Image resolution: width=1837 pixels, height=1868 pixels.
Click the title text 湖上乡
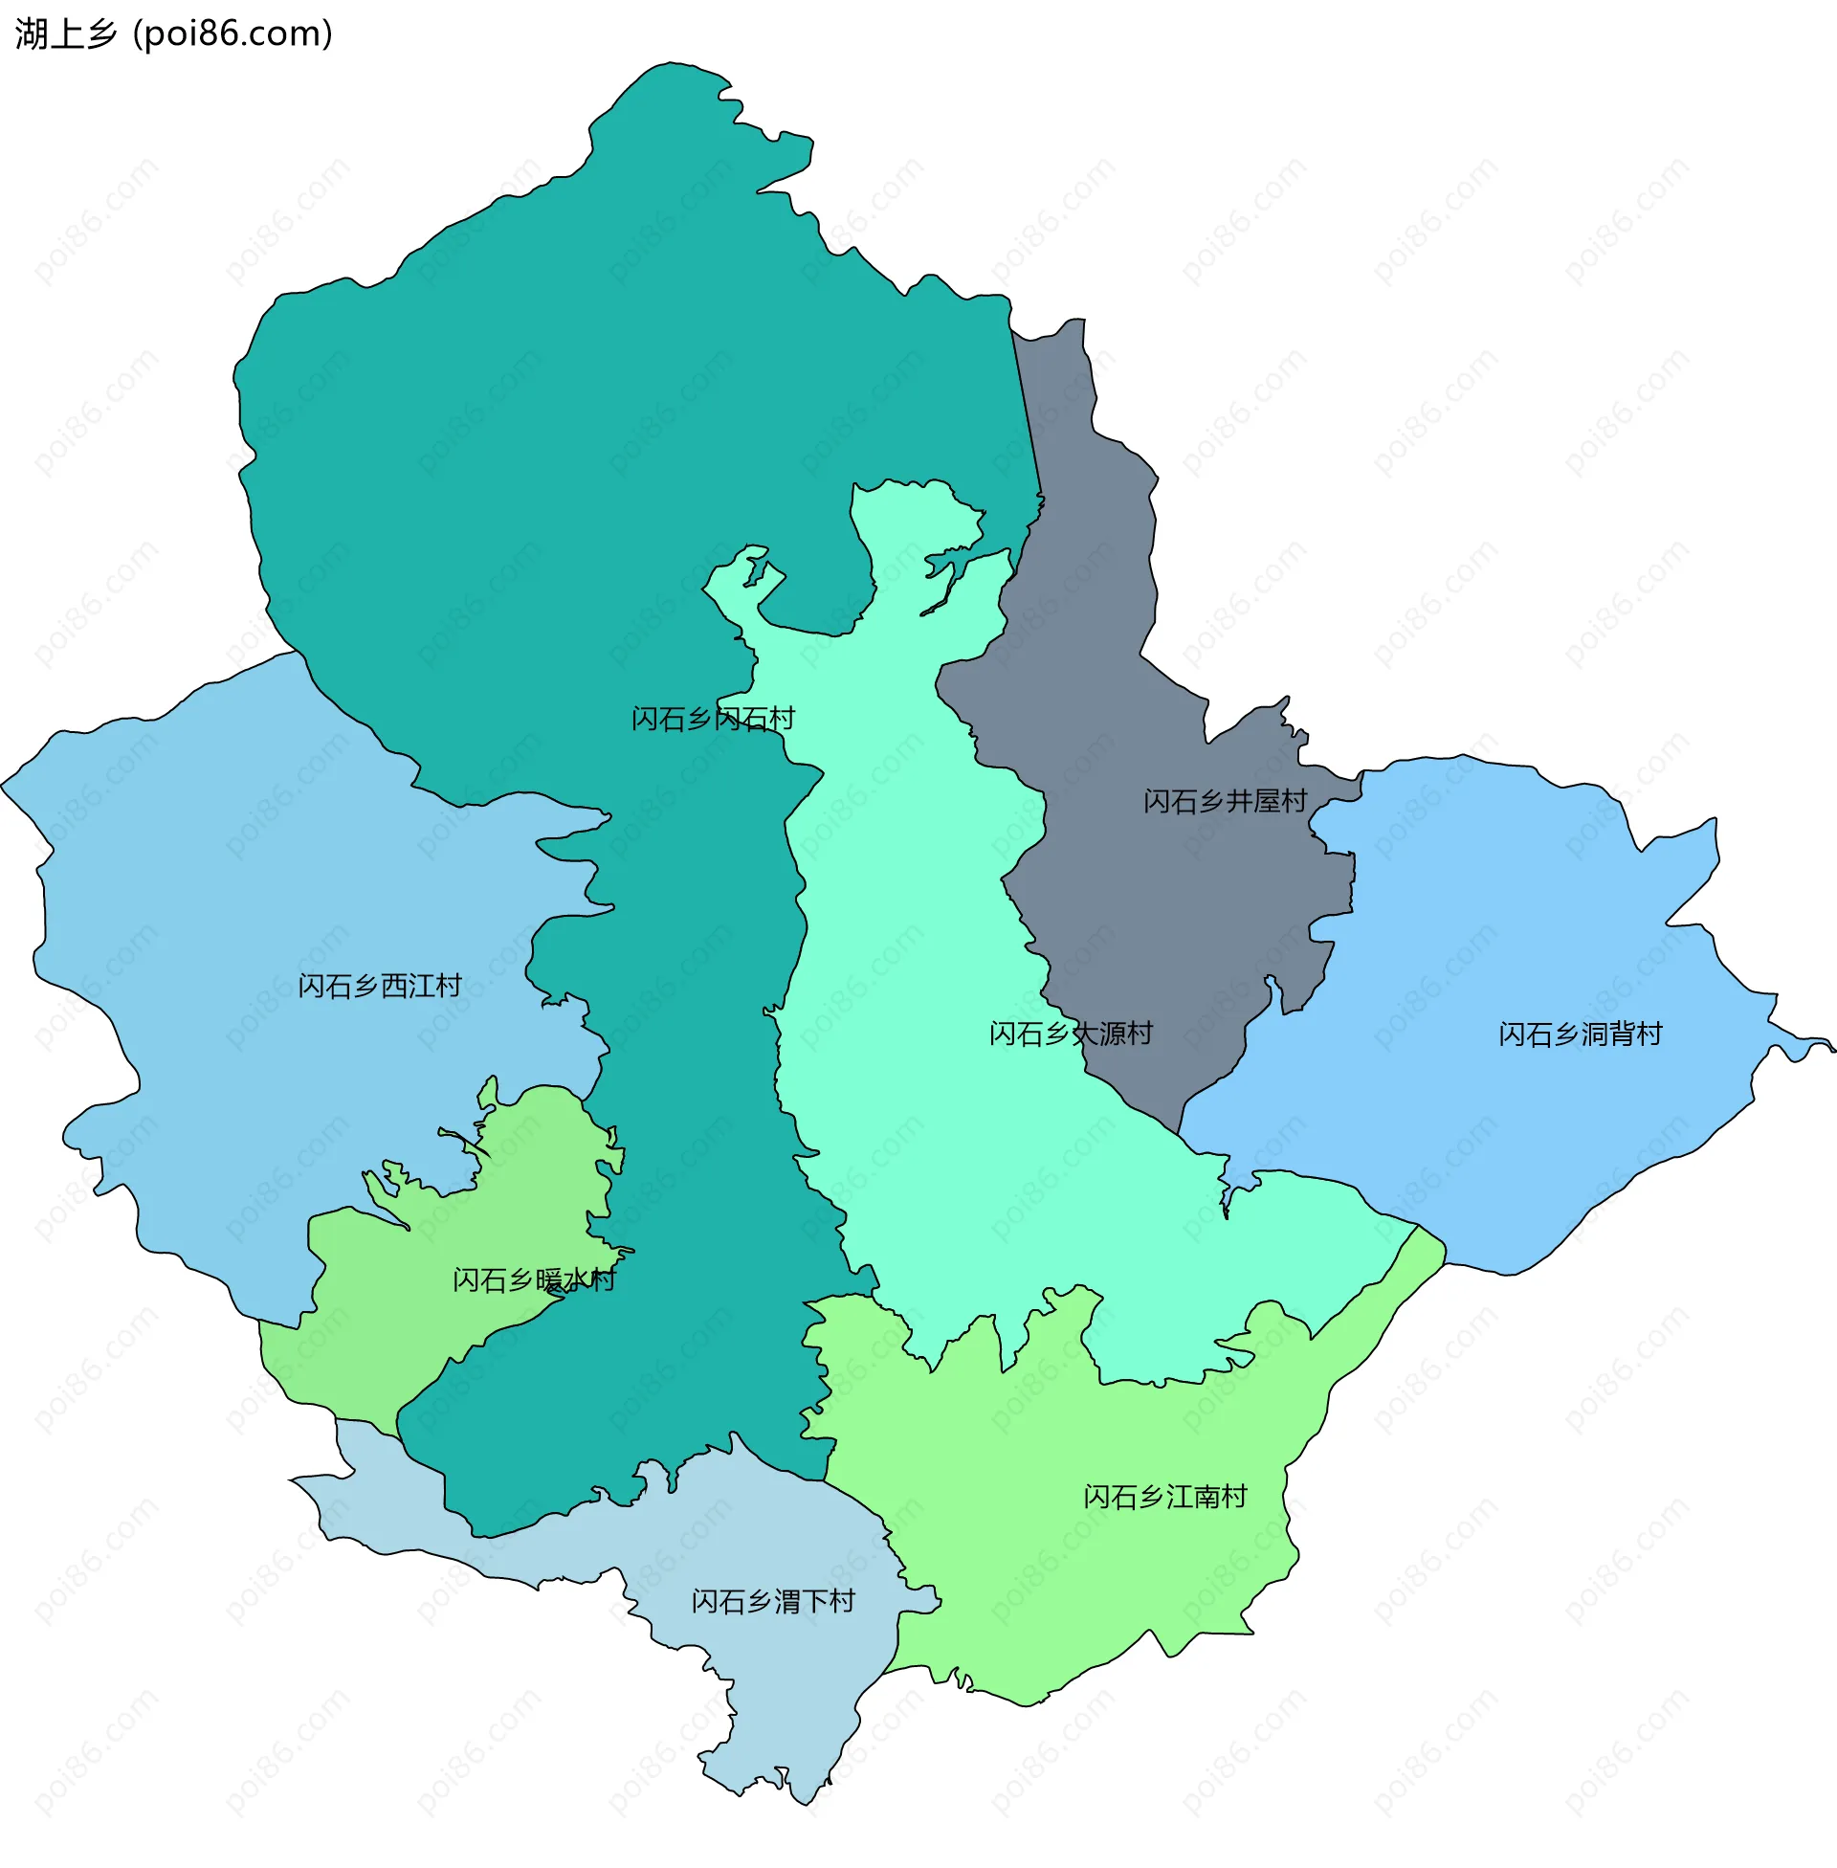tap(65, 34)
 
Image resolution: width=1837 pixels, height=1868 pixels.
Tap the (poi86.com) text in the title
tap(233, 34)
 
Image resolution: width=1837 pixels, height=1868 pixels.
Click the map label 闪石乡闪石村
tap(713, 719)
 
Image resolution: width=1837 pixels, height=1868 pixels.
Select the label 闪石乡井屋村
tap(1225, 801)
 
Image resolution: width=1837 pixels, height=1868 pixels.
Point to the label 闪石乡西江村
tap(379, 986)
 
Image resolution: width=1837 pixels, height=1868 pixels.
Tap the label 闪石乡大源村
tap(1071, 1034)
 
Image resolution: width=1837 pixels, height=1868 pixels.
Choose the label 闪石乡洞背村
tap(1581, 1034)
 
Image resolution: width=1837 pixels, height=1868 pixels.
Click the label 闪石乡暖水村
tap(534, 1280)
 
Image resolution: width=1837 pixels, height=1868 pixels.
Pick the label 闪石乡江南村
tap(1164, 1497)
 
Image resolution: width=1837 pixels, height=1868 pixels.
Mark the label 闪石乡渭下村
tap(773, 1602)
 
